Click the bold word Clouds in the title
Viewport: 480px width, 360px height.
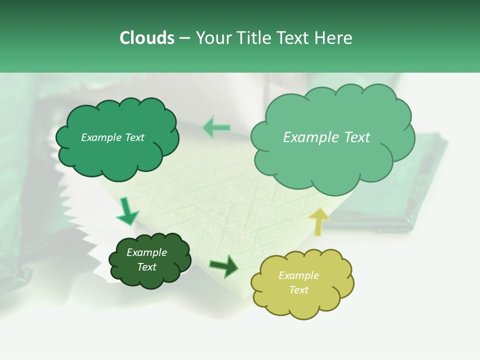[x=146, y=38]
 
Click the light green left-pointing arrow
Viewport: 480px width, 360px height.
[x=216, y=128]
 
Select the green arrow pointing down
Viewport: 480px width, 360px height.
[x=127, y=211]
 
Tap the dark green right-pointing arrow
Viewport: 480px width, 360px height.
[x=224, y=266]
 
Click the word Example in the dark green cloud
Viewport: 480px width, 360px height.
[x=146, y=252]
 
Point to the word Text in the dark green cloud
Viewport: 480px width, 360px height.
[x=146, y=267]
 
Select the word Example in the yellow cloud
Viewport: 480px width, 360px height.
[x=298, y=275]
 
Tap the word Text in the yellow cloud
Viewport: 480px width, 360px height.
[x=298, y=290]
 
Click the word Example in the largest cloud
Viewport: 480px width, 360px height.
[x=311, y=137]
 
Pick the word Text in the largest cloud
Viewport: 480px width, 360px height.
[x=356, y=137]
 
